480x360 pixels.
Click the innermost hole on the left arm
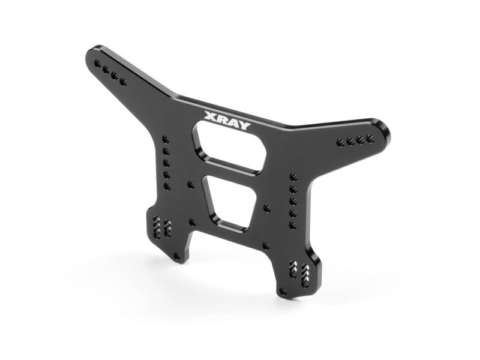point(124,80)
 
